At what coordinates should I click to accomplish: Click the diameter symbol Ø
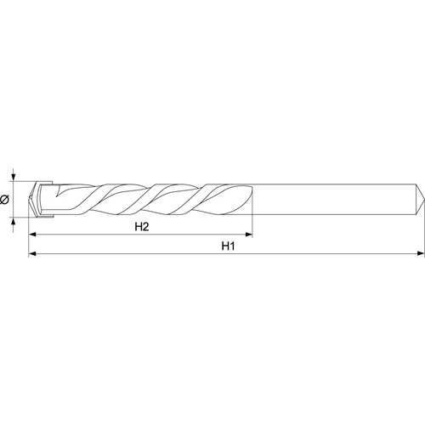[5, 200]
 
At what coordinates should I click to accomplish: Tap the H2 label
[142, 227]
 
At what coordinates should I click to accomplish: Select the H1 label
[228, 246]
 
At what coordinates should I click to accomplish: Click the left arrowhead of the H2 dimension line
[32, 235]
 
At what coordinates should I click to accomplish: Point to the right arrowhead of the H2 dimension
[248, 235]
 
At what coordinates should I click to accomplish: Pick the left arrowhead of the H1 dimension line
[32, 253]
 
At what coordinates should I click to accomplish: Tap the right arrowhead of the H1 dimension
[421, 253]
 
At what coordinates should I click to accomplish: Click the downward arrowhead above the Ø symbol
[14, 178]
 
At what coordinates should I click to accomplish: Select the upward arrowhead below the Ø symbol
[14, 221]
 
